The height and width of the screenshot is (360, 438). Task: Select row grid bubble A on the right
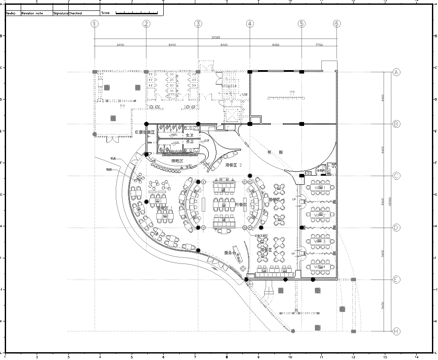pos(397,72)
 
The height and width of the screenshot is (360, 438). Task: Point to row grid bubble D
pos(397,227)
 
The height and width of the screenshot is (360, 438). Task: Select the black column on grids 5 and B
pos(300,123)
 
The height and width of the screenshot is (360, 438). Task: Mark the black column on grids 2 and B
pos(146,124)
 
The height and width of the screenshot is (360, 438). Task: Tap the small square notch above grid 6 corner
pos(330,59)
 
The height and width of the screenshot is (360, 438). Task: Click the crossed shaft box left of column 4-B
pos(234,120)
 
